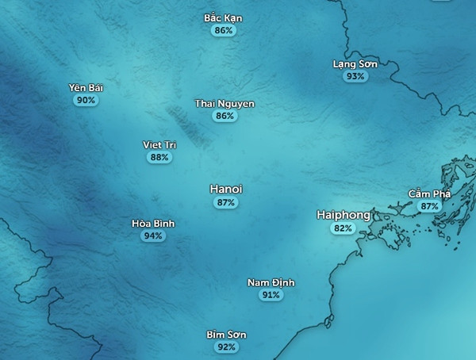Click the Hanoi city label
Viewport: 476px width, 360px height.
point(226,190)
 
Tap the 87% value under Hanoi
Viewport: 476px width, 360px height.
point(226,203)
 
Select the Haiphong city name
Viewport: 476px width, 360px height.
point(342,215)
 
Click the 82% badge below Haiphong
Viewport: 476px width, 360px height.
point(343,228)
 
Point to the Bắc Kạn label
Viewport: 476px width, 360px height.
point(223,18)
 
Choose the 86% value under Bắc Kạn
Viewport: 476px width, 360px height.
point(224,31)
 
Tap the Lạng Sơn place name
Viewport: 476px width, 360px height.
point(355,63)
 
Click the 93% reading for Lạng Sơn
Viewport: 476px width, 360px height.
point(355,77)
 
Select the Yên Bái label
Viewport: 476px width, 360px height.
point(86,87)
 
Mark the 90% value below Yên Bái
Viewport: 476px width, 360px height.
point(86,101)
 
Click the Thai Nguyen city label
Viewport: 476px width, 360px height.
point(225,103)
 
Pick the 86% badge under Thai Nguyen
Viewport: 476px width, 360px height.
point(225,116)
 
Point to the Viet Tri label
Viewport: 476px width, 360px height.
point(159,144)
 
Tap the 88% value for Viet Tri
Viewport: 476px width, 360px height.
point(159,158)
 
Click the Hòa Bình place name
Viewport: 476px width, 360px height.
point(153,224)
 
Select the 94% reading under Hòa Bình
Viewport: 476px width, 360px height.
point(153,236)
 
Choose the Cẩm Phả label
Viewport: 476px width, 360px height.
point(429,193)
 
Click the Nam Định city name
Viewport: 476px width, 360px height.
point(271,282)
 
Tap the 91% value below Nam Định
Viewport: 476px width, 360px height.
point(271,295)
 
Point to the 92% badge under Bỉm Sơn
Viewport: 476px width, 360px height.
point(226,347)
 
